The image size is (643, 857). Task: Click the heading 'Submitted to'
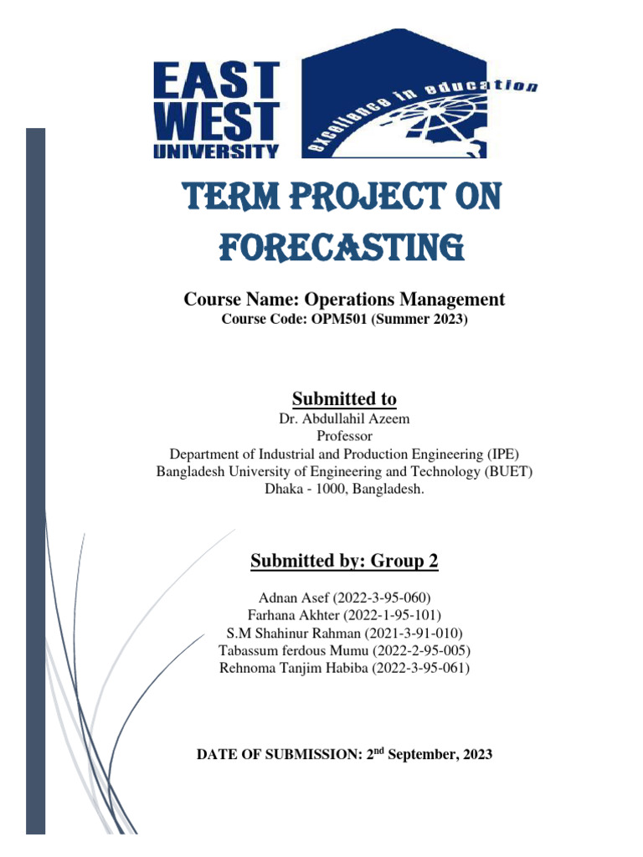click(344, 398)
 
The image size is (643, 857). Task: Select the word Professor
click(344, 437)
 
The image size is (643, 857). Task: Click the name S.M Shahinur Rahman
click(286, 633)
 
